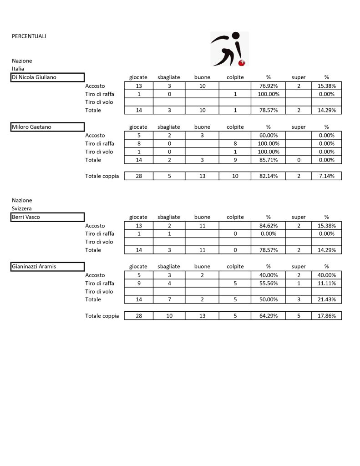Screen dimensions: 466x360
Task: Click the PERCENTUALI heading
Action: [x=29, y=36]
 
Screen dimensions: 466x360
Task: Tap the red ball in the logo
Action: [x=243, y=62]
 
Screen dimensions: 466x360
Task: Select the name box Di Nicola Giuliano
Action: [x=48, y=77]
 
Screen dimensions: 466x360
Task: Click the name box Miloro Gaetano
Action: [x=48, y=127]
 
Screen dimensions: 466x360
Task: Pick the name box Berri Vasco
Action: [x=48, y=217]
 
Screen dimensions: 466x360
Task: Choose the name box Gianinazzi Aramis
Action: [x=48, y=267]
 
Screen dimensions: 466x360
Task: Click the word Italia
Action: [x=18, y=69]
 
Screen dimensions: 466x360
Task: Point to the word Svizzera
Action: [x=21, y=208]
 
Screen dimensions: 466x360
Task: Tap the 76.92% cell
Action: [x=268, y=86]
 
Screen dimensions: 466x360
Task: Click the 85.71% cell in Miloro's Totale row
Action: [x=268, y=160]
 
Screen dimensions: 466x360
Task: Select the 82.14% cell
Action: [x=268, y=176]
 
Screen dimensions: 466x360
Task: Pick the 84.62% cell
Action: [x=268, y=226]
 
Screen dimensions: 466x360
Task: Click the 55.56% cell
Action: [x=268, y=283]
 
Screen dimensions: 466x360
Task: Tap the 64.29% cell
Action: [x=268, y=316]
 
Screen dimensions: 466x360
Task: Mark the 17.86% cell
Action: [x=326, y=316]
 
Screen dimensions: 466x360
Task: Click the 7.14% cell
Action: [x=326, y=176]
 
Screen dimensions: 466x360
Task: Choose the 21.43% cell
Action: [x=326, y=299]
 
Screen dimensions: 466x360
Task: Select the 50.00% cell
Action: [x=268, y=299]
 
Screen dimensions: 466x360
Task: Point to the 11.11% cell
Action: [x=326, y=283]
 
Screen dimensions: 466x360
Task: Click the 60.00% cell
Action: [x=268, y=135]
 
